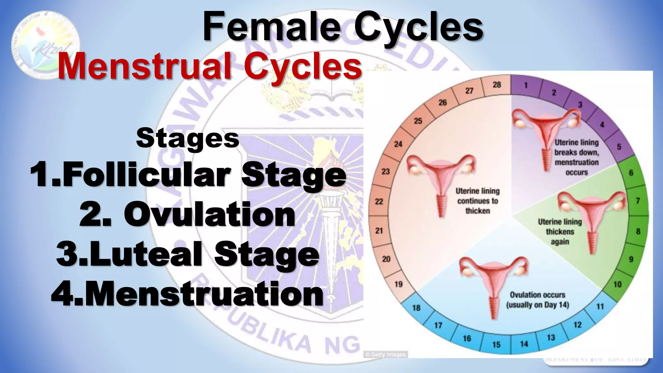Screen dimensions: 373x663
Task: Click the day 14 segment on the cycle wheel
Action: [x=524, y=344]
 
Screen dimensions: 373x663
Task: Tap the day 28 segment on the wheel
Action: [x=497, y=85]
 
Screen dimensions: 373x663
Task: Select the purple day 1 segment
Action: [x=526, y=85]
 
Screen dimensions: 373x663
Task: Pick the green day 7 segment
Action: [x=637, y=201]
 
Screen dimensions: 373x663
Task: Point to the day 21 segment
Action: [x=379, y=231]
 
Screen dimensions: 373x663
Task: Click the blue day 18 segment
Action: [x=416, y=307]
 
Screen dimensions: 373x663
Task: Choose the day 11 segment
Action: [x=600, y=306]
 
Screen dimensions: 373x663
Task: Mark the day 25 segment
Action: [x=418, y=121]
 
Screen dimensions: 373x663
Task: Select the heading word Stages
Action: [x=188, y=138]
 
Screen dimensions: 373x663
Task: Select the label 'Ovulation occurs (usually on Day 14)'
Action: [x=537, y=300]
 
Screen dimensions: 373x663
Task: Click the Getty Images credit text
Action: [x=385, y=355]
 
